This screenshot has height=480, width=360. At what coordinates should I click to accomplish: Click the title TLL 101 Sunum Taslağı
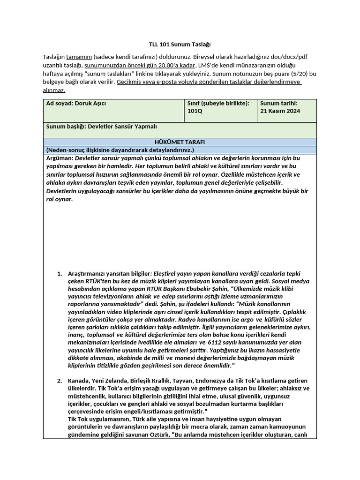tap(180, 45)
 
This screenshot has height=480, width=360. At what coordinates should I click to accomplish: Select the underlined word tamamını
tap(79, 57)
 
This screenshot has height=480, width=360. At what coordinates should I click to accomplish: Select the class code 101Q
tap(195, 111)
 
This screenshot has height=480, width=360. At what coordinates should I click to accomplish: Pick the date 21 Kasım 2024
tap(280, 111)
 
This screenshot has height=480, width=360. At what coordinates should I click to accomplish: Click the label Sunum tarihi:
tap(279, 103)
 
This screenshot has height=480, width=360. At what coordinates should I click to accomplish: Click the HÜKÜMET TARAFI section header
tap(180, 142)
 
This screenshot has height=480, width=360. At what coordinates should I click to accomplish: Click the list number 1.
tap(59, 273)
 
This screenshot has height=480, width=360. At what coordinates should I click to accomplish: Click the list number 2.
tap(59, 380)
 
